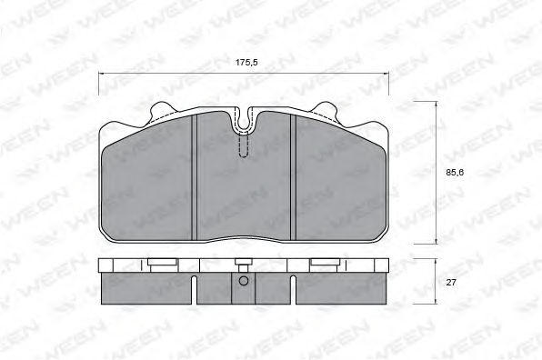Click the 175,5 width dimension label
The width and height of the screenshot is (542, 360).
pyautogui.click(x=246, y=63)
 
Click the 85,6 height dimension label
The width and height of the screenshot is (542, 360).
pyautogui.click(x=455, y=173)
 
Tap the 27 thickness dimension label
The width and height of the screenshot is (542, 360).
pyautogui.click(x=451, y=282)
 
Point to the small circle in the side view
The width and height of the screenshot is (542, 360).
pyautogui.click(x=244, y=281)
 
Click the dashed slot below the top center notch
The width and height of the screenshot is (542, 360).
pyautogui.click(x=244, y=145)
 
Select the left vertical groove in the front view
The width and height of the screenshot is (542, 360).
pyautogui.click(x=194, y=177)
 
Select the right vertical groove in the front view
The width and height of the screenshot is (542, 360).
pyautogui.click(x=294, y=177)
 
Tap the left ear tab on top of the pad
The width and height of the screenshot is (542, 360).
pyautogui.click(x=162, y=112)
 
